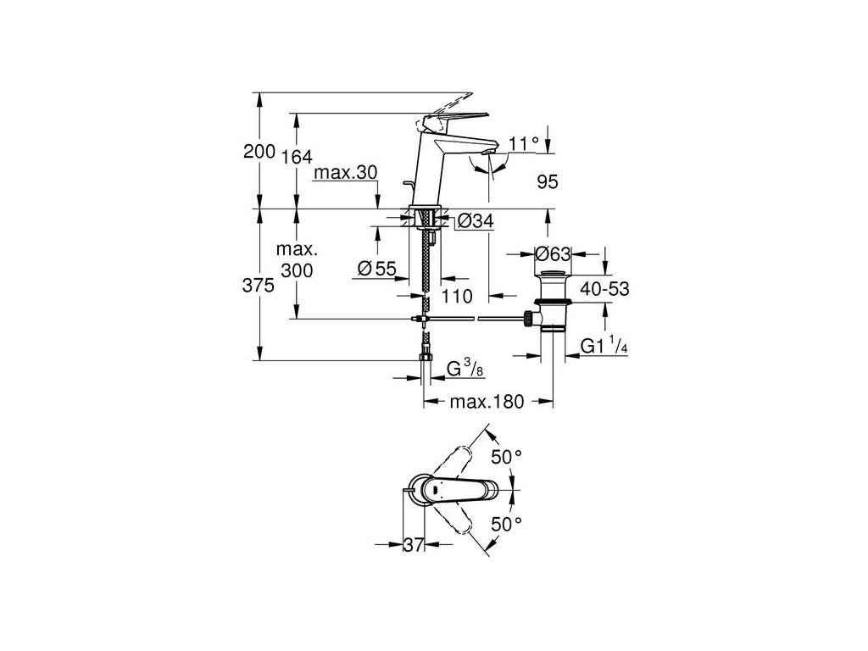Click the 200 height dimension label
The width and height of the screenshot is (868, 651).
[x=259, y=152]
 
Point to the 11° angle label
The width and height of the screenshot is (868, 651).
[x=524, y=143]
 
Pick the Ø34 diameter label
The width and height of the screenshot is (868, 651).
[x=476, y=222]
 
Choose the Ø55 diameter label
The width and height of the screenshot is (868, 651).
[x=377, y=269]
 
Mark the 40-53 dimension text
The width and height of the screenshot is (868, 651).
[x=604, y=288]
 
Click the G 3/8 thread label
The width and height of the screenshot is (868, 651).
[x=465, y=370]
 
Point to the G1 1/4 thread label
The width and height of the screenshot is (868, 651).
[x=604, y=347]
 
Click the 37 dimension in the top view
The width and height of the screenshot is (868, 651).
[x=412, y=546]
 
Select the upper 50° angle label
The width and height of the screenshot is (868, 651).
[x=506, y=457]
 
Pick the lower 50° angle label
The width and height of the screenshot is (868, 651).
[x=506, y=524]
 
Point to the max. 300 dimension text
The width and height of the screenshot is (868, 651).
[x=297, y=260]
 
